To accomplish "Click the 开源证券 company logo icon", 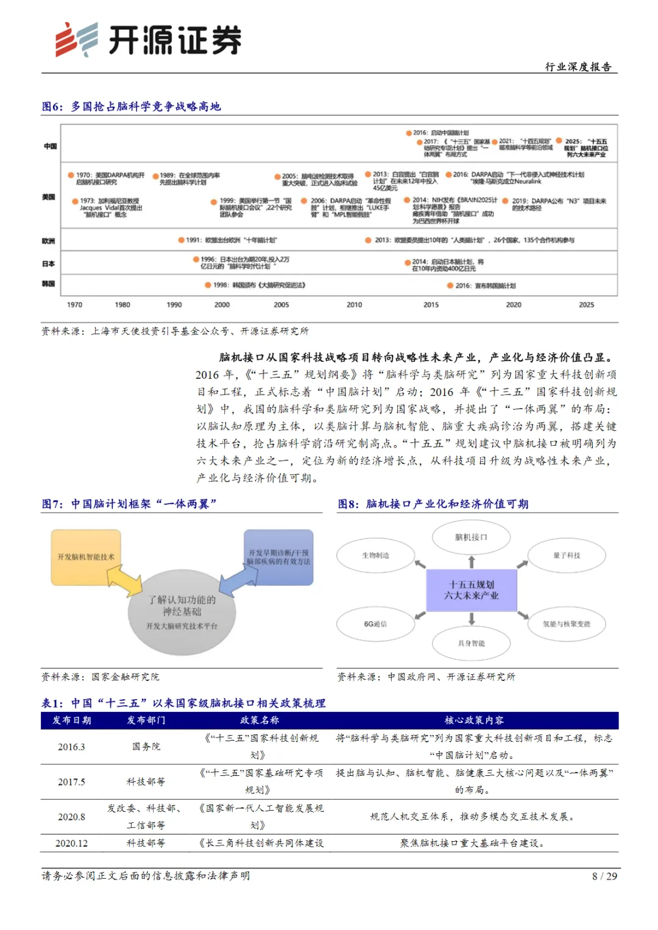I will [x=76, y=40].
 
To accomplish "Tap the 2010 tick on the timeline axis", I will [x=354, y=305].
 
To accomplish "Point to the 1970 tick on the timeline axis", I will [x=74, y=305].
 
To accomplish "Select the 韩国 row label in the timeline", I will [x=49, y=284].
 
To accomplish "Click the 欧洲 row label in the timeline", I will [x=49, y=241].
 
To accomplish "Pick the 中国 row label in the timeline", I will [x=50, y=146].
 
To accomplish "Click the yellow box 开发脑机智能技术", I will [x=86, y=557].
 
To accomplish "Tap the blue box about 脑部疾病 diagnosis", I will [x=278, y=557].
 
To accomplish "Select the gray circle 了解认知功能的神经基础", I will [x=182, y=611].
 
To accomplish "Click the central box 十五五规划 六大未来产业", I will [x=471, y=590].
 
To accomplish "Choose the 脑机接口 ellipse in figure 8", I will [x=471, y=537].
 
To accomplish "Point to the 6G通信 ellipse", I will [x=375, y=624].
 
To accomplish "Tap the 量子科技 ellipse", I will [x=567, y=555].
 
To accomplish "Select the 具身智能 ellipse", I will [x=471, y=643].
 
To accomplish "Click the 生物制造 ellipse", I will [x=375, y=555].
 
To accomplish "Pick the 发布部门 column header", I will [x=146, y=720].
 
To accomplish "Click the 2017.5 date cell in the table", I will [x=71, y=782].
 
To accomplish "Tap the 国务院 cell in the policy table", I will [x=146, y=747].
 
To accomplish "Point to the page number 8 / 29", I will [x=604, y=876].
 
